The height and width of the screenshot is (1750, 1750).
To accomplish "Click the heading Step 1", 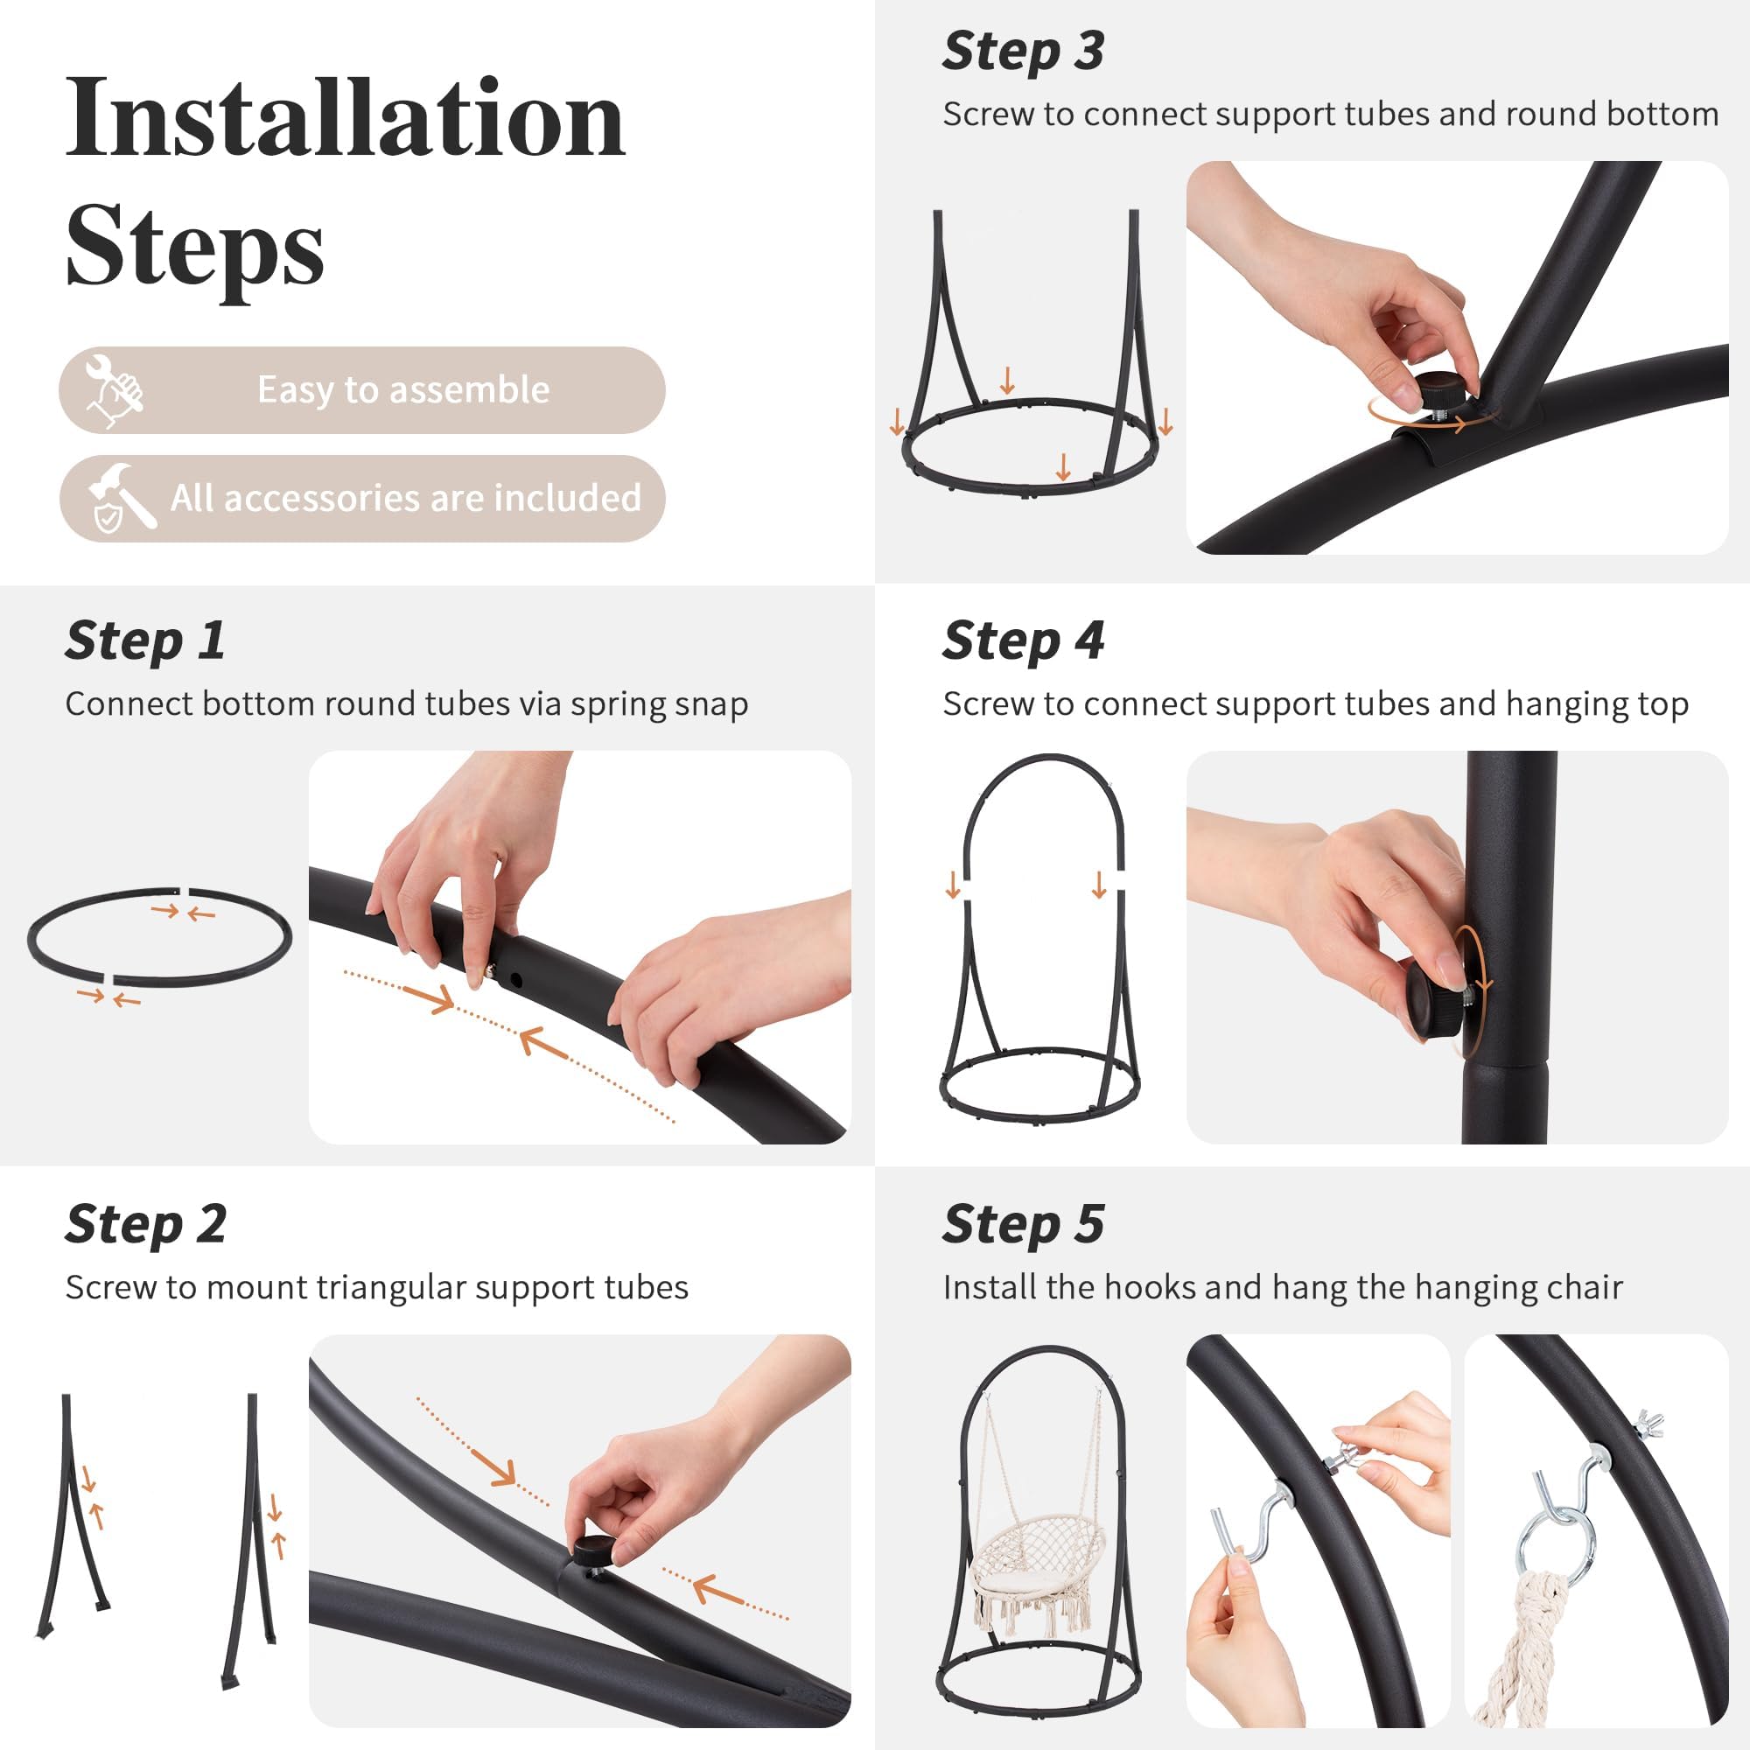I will point(145,641).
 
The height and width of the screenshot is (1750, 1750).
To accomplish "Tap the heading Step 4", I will point(1023,641).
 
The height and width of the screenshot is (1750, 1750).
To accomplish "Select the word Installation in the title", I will point(345,119).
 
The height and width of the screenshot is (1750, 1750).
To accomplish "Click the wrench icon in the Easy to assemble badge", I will point(114,390).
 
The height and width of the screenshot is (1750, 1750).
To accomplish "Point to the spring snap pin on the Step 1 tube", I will point(489,971).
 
